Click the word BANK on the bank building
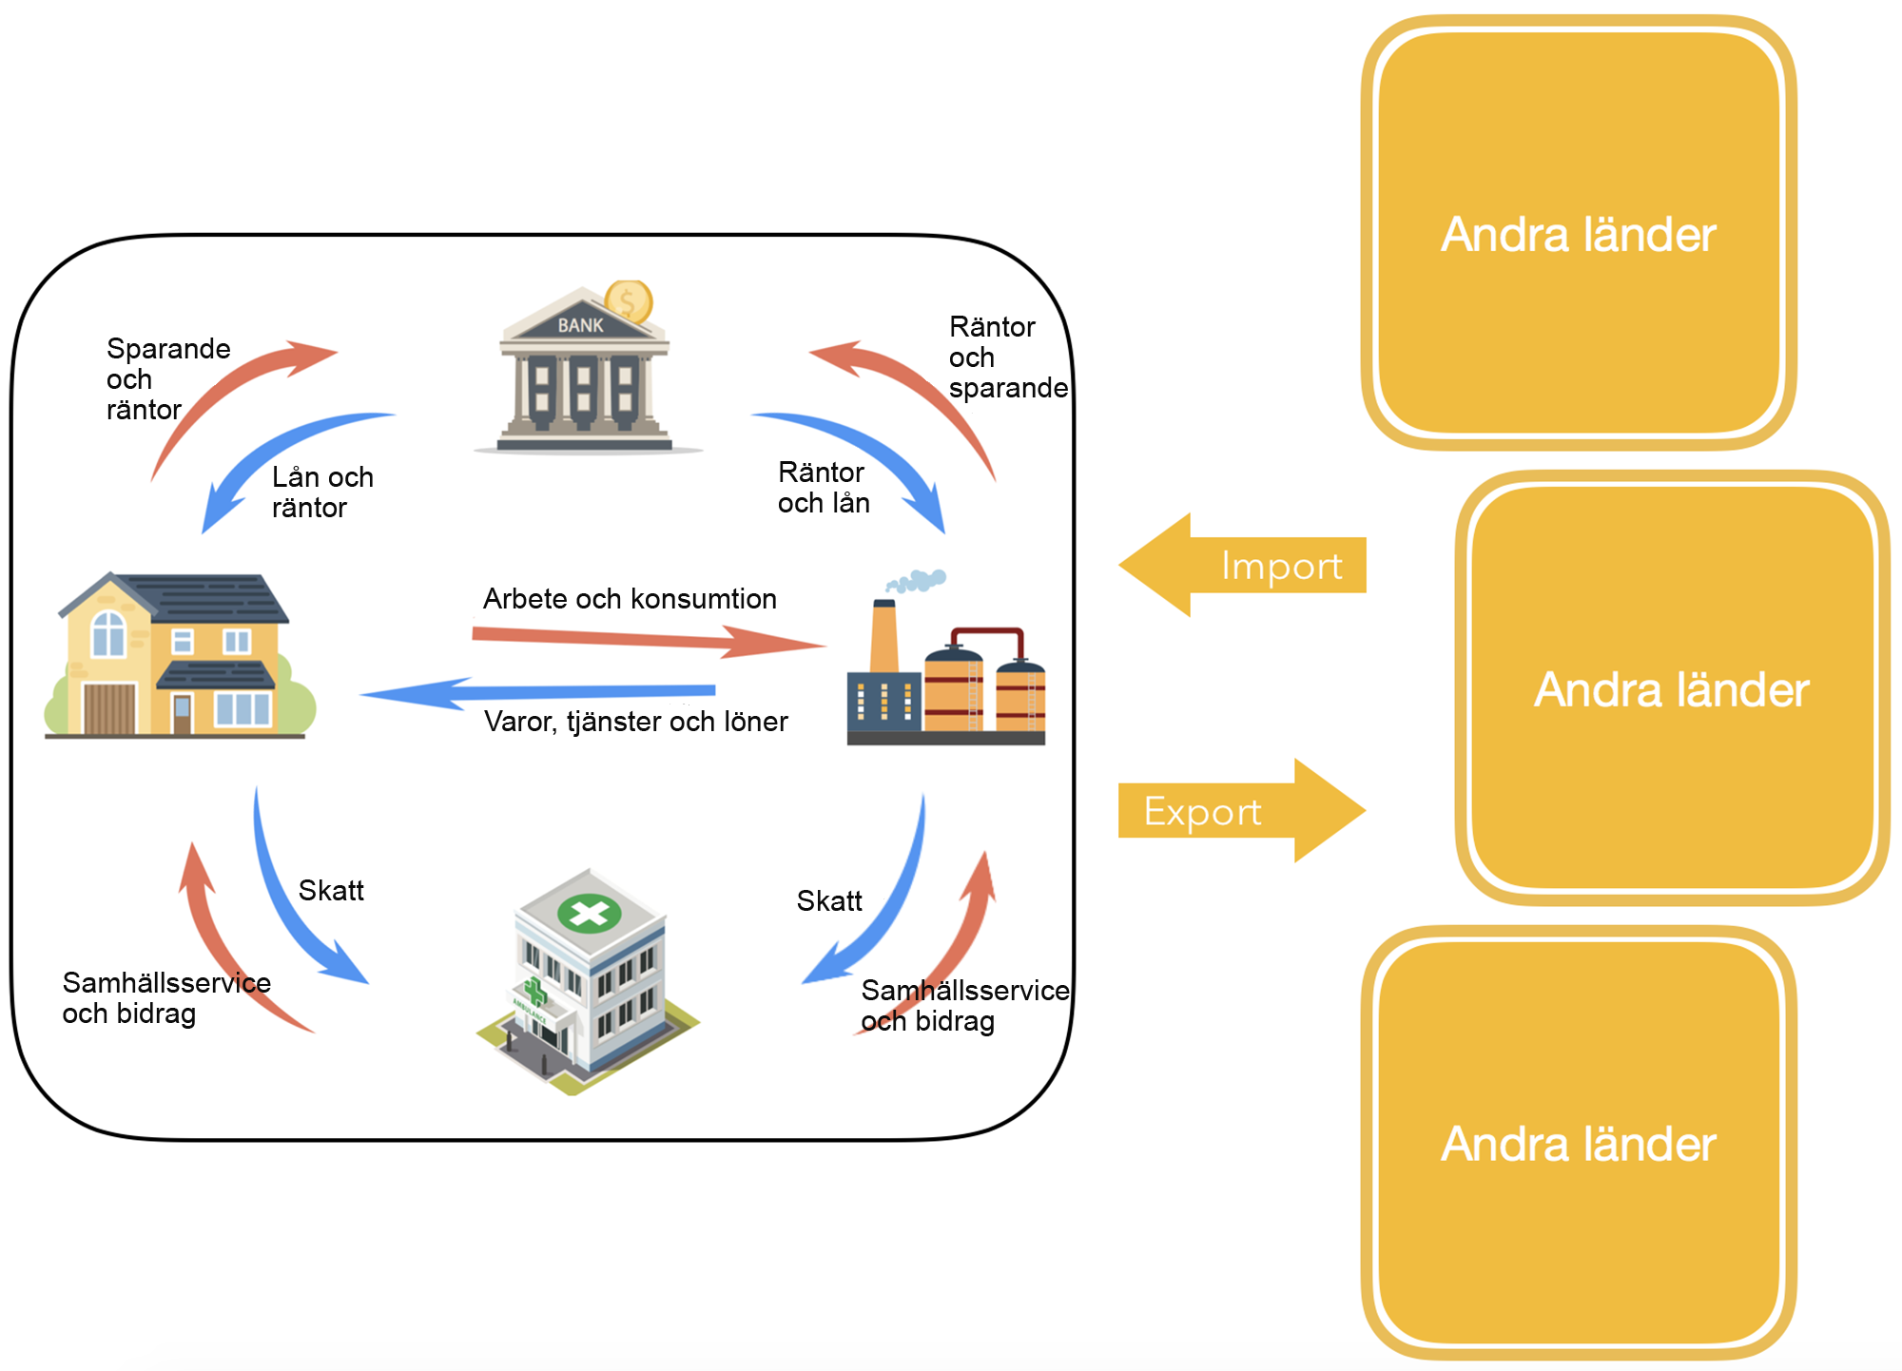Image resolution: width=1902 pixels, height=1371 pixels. [x=580, y=325]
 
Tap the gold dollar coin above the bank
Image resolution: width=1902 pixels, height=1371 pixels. [x=628, y=302]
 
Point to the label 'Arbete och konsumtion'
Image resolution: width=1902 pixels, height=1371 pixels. [x=630, y=599]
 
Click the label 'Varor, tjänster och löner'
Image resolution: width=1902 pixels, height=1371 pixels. [x=635, y=722]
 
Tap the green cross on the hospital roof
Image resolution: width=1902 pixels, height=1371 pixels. [x=589, y=914]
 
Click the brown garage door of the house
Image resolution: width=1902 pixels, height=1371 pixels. [x=109, y=708]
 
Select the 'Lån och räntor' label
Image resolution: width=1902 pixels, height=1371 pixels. [x=322, y=492]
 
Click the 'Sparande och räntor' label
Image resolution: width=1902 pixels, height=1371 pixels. [x=167, y=378]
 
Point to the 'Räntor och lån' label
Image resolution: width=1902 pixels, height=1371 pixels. [x=824, y=487]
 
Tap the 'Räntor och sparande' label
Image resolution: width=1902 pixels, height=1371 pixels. [x=1007, y=357]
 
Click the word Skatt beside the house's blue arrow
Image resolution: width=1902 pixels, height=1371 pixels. [x=331, y=891]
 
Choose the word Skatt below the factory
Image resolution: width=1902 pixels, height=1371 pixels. [x=829, y=901]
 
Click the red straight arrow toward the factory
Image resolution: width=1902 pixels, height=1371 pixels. [x=647, y=639]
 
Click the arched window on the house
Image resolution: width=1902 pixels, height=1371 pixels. [x=107, y=633]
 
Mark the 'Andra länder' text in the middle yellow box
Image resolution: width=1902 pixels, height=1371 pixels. [x=1671, y=689]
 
